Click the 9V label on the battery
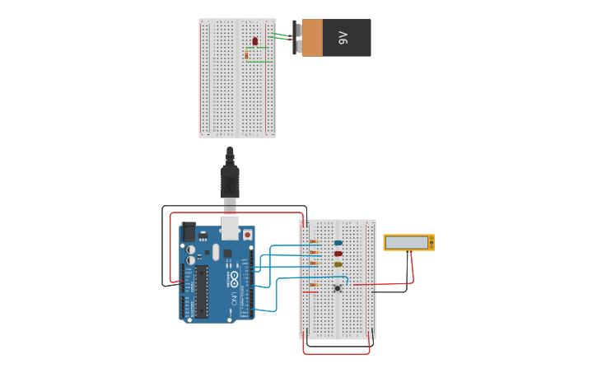343,38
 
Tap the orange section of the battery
312,38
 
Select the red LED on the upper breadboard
255,40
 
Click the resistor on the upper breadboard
246,55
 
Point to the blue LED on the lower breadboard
338,243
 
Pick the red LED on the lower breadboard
338,254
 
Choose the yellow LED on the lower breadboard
338,264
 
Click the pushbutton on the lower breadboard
338,287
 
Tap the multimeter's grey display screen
407,242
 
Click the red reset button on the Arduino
247,235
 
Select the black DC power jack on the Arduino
188,233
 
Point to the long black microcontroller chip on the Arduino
202,291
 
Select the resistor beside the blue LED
313,241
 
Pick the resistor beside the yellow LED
313,263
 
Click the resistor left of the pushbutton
313,285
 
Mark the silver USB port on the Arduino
230,226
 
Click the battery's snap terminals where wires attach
296,38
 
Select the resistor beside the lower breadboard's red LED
313,253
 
